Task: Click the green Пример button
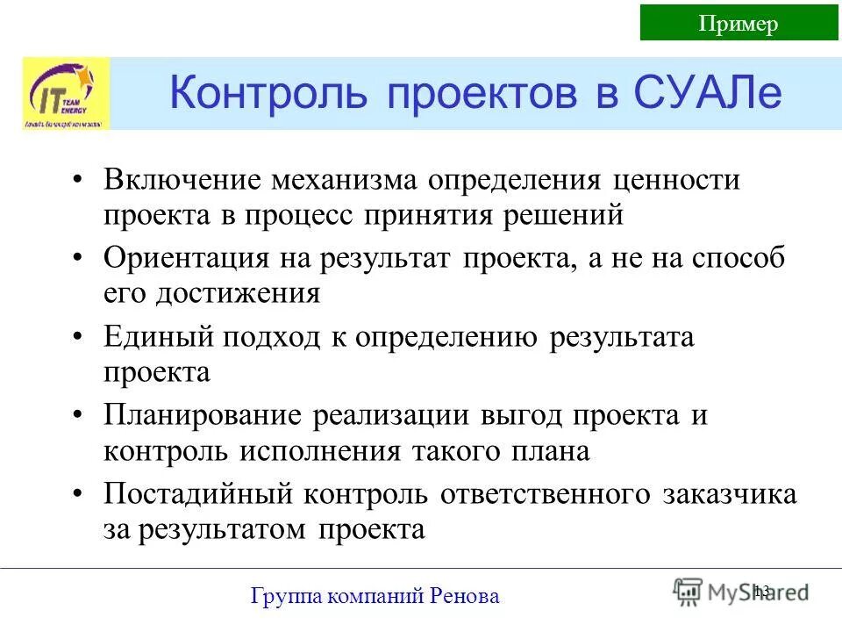[x=738, y=23]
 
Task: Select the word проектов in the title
[x=469, y=93]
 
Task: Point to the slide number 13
[x=760, y=591]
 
